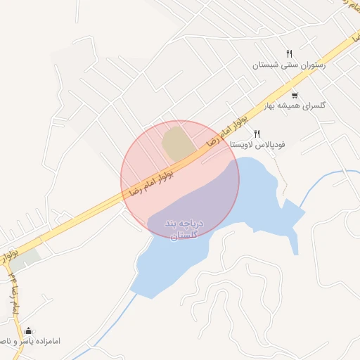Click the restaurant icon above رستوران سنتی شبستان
pos(289,54)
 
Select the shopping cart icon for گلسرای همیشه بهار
pos(294,95)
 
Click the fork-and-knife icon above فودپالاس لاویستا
pos(257,133)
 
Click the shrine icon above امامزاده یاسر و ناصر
pos(28,330)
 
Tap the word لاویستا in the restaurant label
pos(245,143)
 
